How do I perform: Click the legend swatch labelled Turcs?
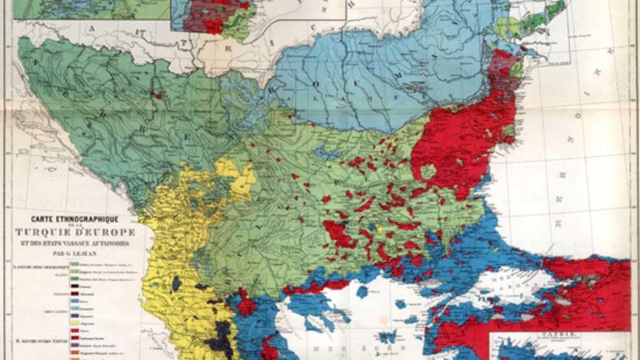[75, 330]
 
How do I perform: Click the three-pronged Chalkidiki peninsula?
[305, 305]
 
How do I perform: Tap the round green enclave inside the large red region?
[428, 172]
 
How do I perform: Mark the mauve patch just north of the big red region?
[500, 62]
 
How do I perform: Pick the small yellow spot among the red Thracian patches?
[379, 228]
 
